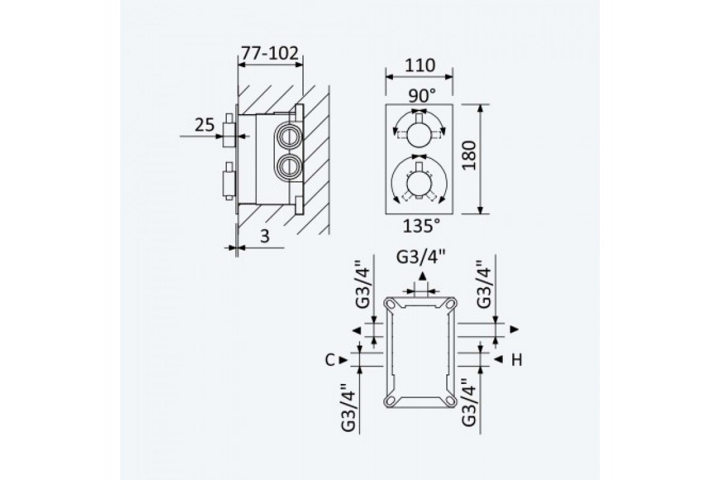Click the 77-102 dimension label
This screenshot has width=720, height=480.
click(x=270, y=53)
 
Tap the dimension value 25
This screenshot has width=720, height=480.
click(x=205, y=125)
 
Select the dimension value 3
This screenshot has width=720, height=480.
click(x=265, y=236)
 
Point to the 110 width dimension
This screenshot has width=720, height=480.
click(x=420, y=65)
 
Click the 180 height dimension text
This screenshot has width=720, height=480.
click(x=469, y=155)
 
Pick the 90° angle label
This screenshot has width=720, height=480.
click(x=422, y=96)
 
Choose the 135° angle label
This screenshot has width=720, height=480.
click(x=421, y=226)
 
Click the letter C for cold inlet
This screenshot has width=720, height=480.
click(x=330, y=360)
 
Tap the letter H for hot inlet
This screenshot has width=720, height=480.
click(x=517, y=360)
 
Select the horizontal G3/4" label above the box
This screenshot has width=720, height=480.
click(x=421, y=257)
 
